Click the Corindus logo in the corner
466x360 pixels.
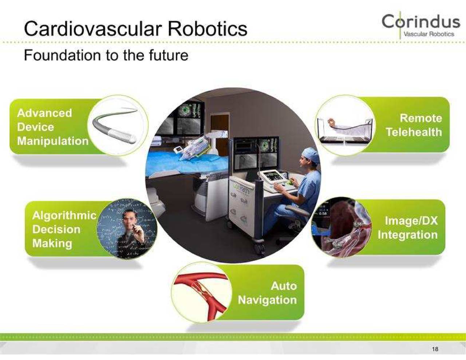click(420, 25)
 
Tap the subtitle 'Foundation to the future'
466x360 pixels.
click(106, 55)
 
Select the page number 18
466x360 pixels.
click(435, 349)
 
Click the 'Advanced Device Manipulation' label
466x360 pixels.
click(52, 127)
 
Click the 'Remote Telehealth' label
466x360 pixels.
click(414, 125)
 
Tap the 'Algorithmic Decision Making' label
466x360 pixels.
click(64, 229)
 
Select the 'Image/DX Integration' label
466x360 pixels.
click(408, 228)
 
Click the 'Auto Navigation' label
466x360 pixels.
click(267, 293)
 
